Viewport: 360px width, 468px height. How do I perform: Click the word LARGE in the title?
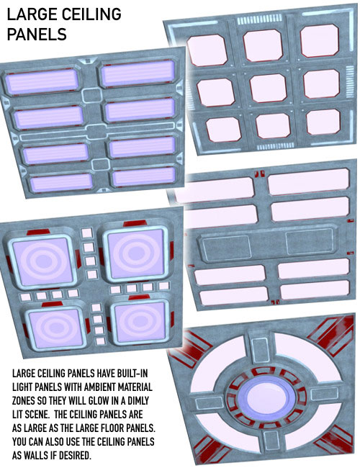[x=31, y=14]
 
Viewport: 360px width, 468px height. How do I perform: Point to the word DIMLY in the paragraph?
[x=138, y=401]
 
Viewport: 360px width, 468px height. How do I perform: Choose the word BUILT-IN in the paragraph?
[x=128, y=374]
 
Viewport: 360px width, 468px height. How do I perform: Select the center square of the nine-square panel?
[x=268, y=88]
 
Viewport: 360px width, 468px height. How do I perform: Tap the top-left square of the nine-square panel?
[x=207, y=50]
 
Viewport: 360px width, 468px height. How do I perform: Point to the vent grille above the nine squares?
[x=259, y=19]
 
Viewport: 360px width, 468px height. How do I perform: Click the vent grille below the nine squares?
[x=276, y=146]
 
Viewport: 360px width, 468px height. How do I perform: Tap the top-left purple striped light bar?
[x=41, y=82]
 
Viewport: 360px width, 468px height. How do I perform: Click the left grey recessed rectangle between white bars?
[x=227, y=246]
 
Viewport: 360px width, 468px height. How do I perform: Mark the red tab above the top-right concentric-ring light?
[x=135, y=223]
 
